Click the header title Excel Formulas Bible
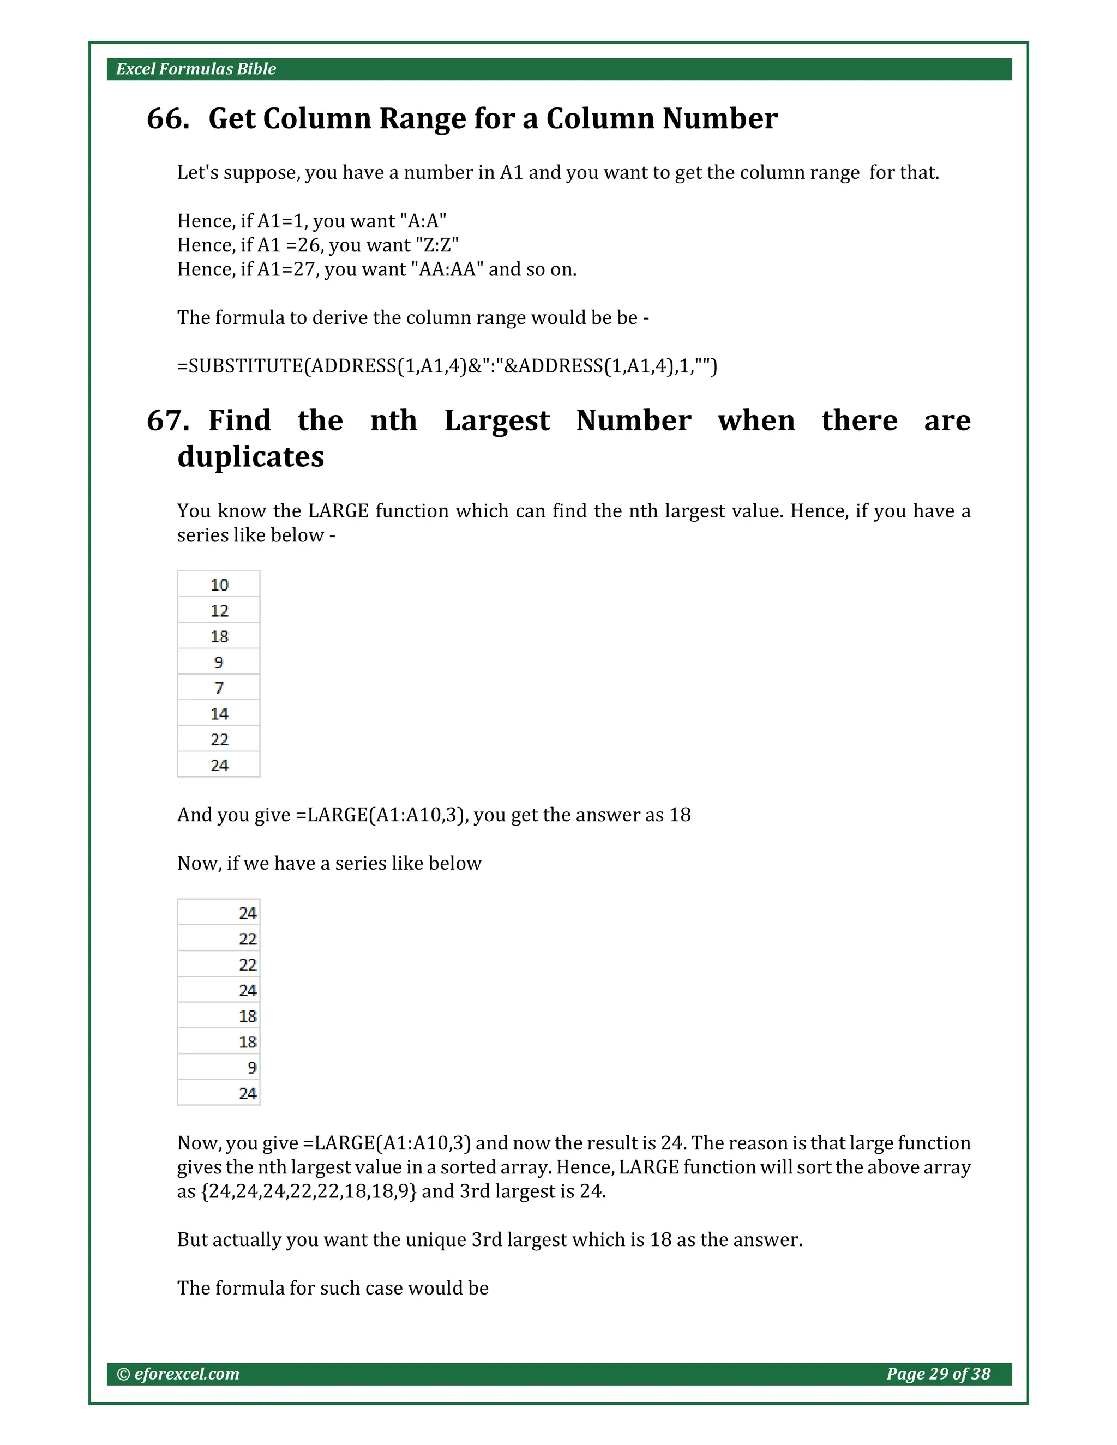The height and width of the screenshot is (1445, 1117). pyautogui.click(x=196, y=69)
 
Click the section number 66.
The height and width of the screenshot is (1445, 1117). pyautogui.click(x=168, y=118)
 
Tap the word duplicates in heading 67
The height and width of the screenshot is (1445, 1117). pyautogui.click(x=251, y=456)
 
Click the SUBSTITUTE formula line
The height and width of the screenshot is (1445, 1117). pyautogui.click(x=447, y=366)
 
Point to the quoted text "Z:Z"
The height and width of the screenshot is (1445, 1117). pyautogui.click(x=437, y=245)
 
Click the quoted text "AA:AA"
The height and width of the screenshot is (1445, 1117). pyautogui.click(x=447, y=269)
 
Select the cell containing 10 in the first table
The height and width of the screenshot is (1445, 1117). pyautogui.click(x=219, y=585)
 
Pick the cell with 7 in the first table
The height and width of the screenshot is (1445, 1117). pyautogui.click(x=219, y=688)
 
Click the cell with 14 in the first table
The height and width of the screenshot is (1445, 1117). pyautogui.click(x=219, y=714)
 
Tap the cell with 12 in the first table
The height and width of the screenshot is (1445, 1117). pyautogui.click(x=219, y=611)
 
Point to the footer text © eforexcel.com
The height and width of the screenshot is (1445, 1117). pyautogui.click(x=178, y=1374)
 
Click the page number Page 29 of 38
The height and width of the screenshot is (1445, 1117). pyautogui.click(x=938, y=1374)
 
